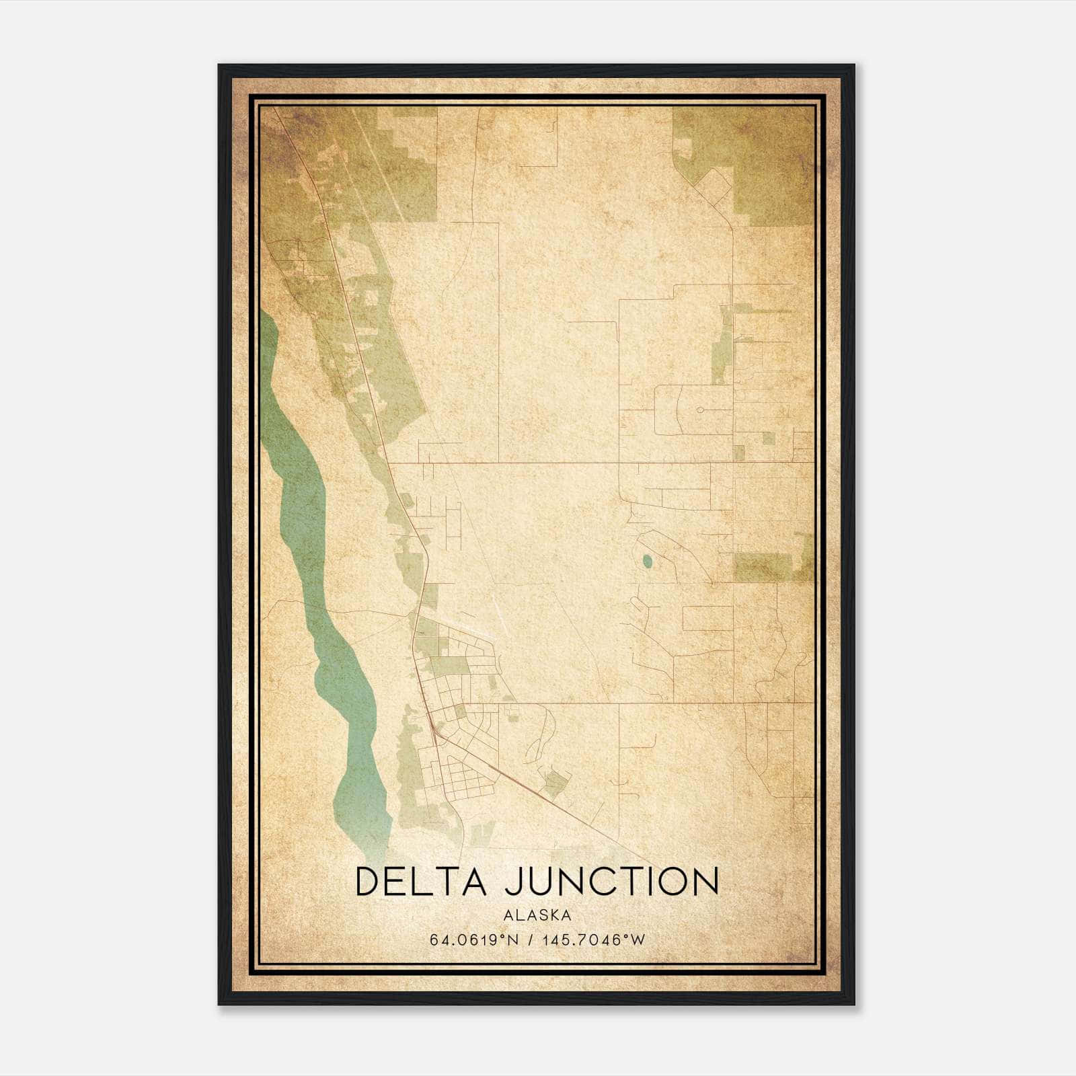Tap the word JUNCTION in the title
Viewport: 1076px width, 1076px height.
click(x=612, y=882)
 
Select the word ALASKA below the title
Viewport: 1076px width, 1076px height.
click(x=537, y=915)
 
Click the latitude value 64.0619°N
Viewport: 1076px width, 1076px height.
click(x=474, y=940)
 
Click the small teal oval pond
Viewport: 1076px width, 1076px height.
click(x=647, y=561)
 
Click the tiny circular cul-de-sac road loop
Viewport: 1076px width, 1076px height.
click(x=699, y=409)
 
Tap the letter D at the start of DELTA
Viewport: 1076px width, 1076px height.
click(x=369, y=882)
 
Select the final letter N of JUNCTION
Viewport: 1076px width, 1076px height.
click(x=705, y=882)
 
